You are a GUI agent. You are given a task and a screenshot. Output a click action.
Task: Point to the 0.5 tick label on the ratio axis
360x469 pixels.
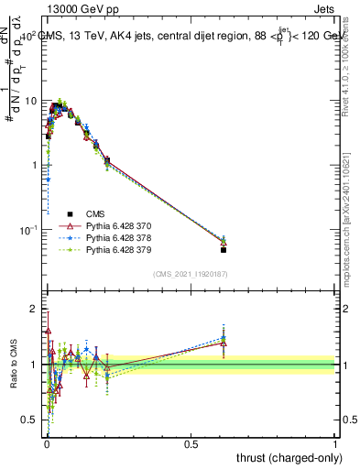[x=29, y=420]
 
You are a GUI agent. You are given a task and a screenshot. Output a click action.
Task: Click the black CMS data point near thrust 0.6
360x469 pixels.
[x=224, y=249]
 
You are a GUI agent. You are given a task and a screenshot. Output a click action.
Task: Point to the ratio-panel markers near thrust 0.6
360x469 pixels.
[x=224, y=340]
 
